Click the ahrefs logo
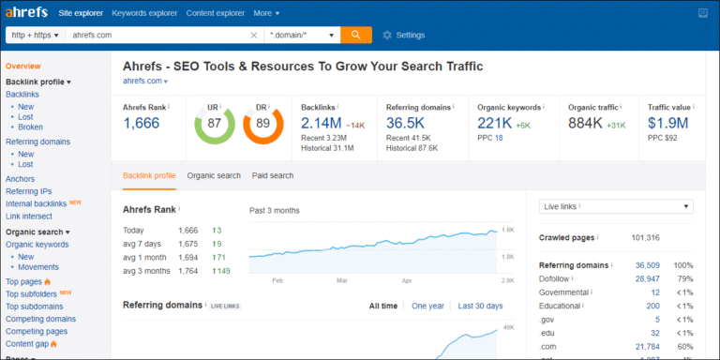point(28,13)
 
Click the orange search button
point(355,35)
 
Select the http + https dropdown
point(33,35)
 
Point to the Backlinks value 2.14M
point(322,124)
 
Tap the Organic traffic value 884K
point(584,124)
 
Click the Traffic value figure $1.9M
point(668,124)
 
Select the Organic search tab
point(214,175)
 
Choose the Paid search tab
point(273,175)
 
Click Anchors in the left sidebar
point(21,178)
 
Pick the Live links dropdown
point(617,206)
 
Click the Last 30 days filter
point(480,306)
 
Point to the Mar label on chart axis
point(342,280)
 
